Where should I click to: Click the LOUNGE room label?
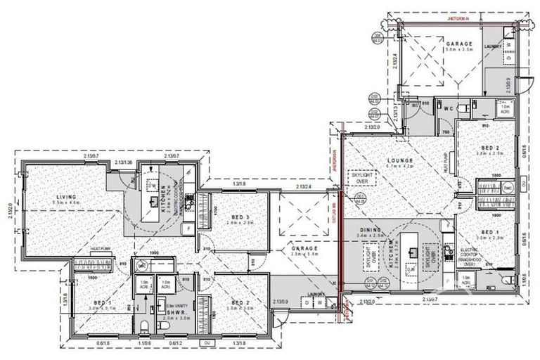click(399, 160)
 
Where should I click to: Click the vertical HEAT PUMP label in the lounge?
click(445, 165)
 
